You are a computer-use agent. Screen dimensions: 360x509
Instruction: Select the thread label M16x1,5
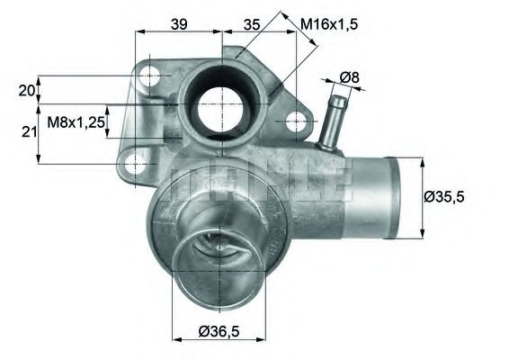click(x=329, y=24)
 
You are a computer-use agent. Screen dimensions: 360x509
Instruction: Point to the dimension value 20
click(x=26, y=90)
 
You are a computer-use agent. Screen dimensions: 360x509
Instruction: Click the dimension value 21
click(x=26, y=132)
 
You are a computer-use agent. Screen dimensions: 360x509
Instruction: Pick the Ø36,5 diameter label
click(x=219, y=333)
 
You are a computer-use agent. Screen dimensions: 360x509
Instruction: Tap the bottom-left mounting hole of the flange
click(x=136, y=163)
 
